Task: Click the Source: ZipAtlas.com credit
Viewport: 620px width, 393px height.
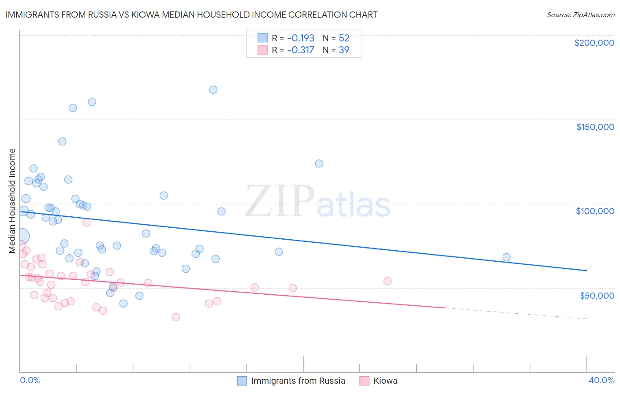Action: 580,15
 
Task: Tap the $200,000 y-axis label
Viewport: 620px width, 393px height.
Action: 594,43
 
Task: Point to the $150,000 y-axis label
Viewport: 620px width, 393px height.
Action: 595,127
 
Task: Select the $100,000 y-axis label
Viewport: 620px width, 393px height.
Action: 595,211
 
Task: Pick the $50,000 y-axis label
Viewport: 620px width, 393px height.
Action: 597,295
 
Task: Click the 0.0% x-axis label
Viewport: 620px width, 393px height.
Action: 30,380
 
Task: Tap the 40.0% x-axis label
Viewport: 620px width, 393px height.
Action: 601,380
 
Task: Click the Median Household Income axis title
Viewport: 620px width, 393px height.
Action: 12,201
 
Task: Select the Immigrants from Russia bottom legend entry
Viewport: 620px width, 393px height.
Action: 298,381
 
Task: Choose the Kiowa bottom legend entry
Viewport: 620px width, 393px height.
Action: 385,381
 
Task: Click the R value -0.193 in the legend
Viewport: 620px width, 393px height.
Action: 300,38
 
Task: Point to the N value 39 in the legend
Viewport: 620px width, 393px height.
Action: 344,50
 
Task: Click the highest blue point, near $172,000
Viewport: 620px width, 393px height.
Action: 213,90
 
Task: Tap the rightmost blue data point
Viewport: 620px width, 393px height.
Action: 506,257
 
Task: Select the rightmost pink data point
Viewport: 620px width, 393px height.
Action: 387,281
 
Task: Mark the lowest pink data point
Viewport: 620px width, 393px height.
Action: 176,317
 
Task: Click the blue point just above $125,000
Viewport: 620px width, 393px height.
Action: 319,163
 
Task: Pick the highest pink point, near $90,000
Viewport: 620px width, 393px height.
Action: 86,222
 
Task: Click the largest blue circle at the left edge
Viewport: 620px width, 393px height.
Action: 21,236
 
